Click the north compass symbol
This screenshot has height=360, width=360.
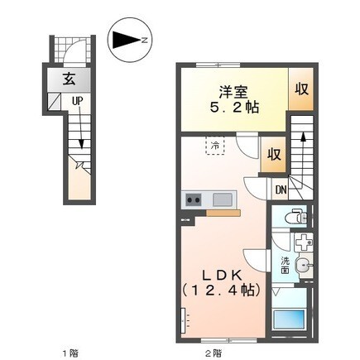pos(130,38)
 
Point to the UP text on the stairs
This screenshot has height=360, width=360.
pos(76,103)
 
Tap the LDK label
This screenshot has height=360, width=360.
pos(220,274)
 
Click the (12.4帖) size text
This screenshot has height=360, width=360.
pos(221,290)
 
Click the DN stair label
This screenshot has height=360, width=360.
pos(281,189)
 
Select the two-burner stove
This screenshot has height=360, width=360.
pos(193,199)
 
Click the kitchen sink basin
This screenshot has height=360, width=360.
pos(223,199)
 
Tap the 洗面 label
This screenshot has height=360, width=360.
pos(284,266)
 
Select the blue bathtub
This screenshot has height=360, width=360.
pos(290,320)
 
